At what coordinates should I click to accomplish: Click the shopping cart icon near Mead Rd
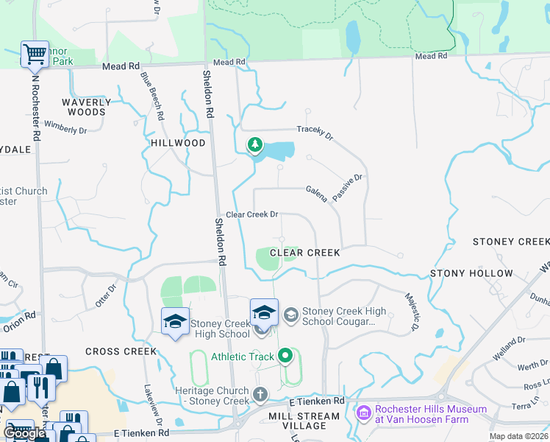point(35,54)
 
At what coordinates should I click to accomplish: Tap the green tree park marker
point(255,144)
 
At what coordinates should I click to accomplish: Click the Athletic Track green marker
point(285,357)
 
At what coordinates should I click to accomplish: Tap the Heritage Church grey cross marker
point(259,393)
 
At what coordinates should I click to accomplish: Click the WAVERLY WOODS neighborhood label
point(87,108)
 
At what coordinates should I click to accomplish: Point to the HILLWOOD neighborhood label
point(178,143)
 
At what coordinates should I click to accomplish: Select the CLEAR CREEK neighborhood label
point(305,253)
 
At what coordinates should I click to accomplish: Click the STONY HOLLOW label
point(471,273)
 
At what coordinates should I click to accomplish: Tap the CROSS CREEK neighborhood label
point(121,351)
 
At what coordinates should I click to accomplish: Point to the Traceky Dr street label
point(315,132)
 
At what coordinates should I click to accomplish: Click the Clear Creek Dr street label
point(251,214)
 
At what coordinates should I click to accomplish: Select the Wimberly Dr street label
point(65,126)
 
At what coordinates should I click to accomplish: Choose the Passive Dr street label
point(348,189)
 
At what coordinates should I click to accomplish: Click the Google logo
point(24,433)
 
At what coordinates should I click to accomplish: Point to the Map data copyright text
point(518,436)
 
